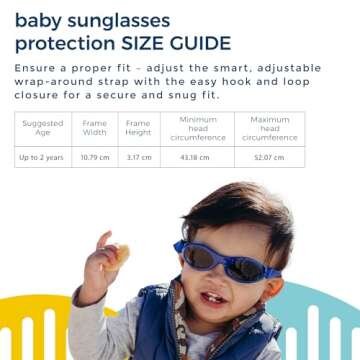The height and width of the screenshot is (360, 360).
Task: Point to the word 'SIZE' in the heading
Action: coord(141,43)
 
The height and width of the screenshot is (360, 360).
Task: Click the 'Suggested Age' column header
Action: coord(42,127)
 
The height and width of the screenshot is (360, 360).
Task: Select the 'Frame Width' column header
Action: coord(94,127)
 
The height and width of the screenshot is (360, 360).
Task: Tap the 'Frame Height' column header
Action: coord(138,127)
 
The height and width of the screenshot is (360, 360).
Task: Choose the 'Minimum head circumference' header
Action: coord(198,128)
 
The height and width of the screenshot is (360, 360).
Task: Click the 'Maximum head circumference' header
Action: coord(270,128)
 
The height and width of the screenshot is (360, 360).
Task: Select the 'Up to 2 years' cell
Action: coord(42,158)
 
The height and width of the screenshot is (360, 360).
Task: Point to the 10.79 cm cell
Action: coord(94,158)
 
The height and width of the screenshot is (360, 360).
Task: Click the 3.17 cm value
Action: coord(139,158)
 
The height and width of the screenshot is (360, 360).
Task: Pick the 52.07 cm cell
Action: coord(269,158)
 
